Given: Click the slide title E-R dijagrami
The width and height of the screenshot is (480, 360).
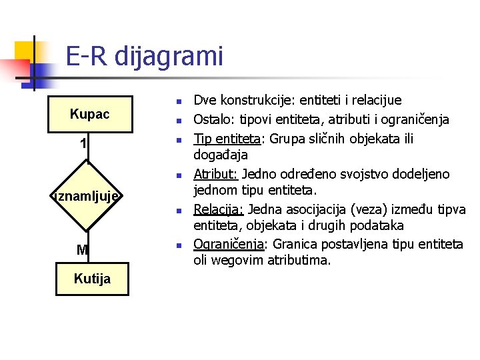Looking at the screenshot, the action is pyautogui.click(x=144, y=57).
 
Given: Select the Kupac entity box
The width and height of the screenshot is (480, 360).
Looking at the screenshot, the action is pyautogui.click(x=89, y=115).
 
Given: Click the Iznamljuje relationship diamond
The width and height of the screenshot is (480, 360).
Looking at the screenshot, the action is pyautogui.click(x=87, y=196).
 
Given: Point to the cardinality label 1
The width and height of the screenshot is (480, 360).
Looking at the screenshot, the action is pyautogui.click(x=83, y=143).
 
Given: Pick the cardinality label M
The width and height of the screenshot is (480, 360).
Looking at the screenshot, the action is pyautogui.click(x=82, y=250).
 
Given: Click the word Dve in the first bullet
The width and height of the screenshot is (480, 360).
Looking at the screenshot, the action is pyautogui.click(x=205, y=101).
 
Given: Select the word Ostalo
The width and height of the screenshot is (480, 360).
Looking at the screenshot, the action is pyautogui.click(x=211, y=120).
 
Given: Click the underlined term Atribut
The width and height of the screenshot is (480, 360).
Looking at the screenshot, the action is pyautogui.click(x=215, y=175).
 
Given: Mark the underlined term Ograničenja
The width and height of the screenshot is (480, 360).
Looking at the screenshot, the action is pyautogui.click(x=228, y=244).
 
